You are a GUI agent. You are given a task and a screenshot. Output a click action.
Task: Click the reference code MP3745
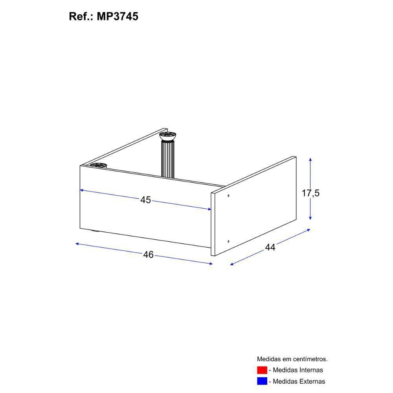coord(117,17)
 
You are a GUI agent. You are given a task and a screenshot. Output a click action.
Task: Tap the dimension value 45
coord(146,200)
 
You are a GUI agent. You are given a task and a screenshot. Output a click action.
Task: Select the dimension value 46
coord(149,254)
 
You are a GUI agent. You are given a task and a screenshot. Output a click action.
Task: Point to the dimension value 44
coord(270,247)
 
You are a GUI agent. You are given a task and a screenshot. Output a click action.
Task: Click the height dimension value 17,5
coord(310,193)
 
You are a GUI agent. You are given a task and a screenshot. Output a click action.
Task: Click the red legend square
coord(262,370)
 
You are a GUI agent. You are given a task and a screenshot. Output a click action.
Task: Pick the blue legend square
coord(262,381)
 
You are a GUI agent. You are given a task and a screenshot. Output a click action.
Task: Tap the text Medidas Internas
coord(298,370)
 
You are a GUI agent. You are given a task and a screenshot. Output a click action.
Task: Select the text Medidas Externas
coord(299,381)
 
